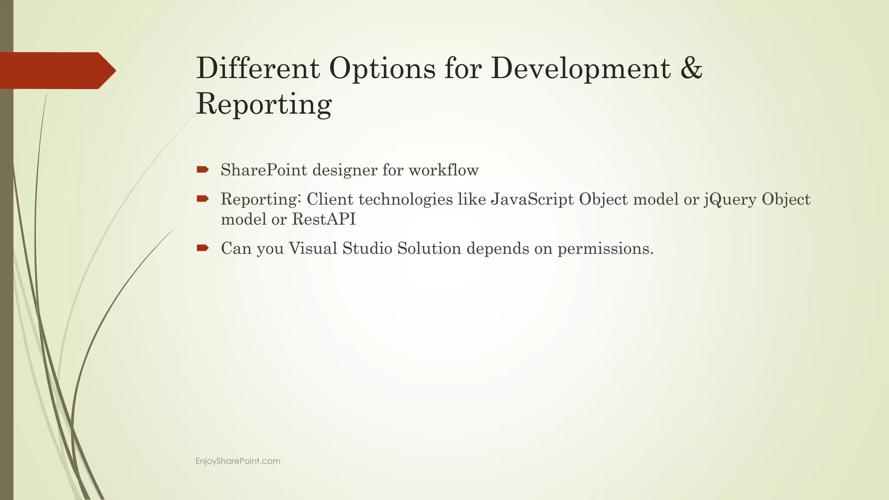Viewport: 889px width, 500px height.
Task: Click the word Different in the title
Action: tap(258, 68)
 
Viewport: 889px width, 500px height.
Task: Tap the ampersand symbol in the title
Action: tap(691, 68)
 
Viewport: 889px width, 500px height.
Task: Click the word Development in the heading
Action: tap(580, 69)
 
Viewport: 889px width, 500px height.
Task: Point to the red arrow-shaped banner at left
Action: tap(56, 70)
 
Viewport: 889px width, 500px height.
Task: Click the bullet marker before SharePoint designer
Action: tap(202, 169)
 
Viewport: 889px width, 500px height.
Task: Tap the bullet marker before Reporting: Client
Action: tap(202, 199)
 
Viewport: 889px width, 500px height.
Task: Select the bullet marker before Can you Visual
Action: tap(202, 248)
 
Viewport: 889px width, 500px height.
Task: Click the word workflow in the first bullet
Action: tap(443, 170)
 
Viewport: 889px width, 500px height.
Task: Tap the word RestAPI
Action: tap(324, 219)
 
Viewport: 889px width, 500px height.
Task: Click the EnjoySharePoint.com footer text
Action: tap(238, 461)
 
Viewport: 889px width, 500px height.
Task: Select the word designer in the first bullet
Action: tap(345, 170)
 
